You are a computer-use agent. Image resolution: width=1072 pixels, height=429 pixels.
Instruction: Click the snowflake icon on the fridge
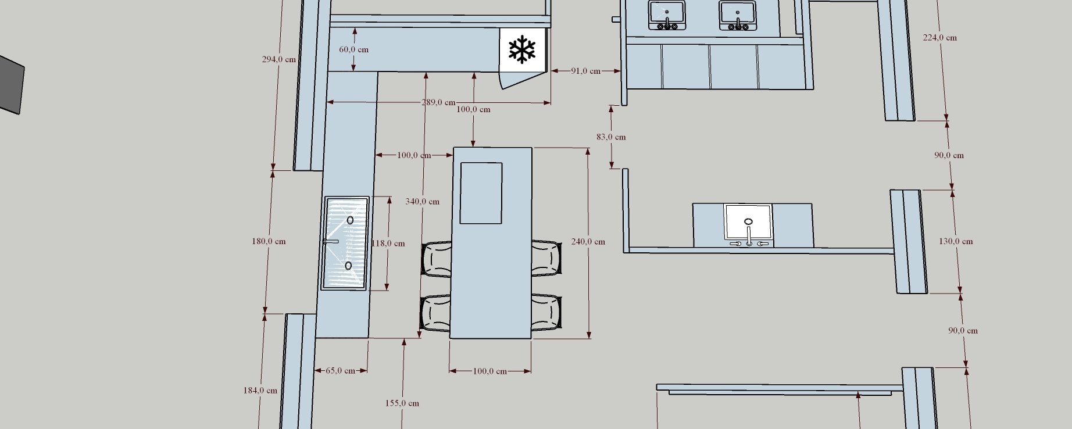[x=522, y=50]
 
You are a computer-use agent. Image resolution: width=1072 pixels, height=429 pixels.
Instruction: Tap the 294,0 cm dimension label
[x=279, y=59]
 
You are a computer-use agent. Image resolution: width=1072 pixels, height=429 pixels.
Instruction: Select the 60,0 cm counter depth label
[x=353, y=49]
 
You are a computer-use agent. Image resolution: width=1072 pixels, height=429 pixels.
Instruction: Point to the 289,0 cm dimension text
[x=438, y=103]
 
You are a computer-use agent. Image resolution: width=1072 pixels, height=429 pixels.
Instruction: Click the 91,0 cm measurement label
[x=585, y=71]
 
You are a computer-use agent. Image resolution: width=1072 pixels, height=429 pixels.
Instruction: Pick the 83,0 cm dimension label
[x=611, y=137]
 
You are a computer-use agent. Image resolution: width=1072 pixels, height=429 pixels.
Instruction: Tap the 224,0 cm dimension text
[x=940, y=38]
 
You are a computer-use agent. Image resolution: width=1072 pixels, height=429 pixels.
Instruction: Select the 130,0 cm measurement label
[x=956, y=241]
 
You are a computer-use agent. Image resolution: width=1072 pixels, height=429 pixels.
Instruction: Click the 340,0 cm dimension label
[x=423, y=202]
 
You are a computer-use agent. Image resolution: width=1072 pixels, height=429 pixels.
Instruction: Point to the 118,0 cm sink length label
[x=388, y=244]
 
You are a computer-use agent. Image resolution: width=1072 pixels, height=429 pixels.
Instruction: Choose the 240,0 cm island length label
[x=588, y=242]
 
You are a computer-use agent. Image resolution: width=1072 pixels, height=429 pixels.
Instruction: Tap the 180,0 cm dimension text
[x=269, y=241]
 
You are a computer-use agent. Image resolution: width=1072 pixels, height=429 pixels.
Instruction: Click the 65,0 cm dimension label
[x=340, y=370]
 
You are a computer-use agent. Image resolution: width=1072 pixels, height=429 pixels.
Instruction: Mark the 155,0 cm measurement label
[x=402, y=403]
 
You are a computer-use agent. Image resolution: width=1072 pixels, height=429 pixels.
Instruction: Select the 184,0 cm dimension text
[x=260, y=391]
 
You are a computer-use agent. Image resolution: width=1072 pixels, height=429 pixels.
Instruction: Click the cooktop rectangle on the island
[x=481, y=193]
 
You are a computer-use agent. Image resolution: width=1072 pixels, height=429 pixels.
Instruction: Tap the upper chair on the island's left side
[x=437, y=259]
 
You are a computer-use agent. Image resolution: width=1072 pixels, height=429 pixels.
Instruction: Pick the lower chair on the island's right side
[x=546, y=313]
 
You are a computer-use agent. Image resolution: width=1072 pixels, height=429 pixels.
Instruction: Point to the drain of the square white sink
[x=748, y=221]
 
